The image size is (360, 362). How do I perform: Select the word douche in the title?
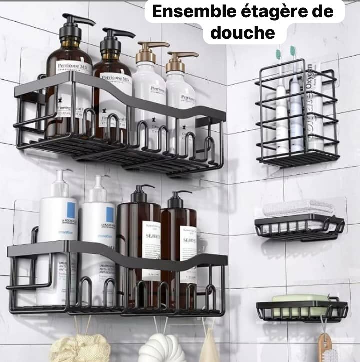(243, 33)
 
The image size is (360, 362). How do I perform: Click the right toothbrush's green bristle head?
(293, 50)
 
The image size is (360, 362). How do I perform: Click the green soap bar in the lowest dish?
(300, 298)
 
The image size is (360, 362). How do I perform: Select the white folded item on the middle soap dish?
(298, 207)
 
